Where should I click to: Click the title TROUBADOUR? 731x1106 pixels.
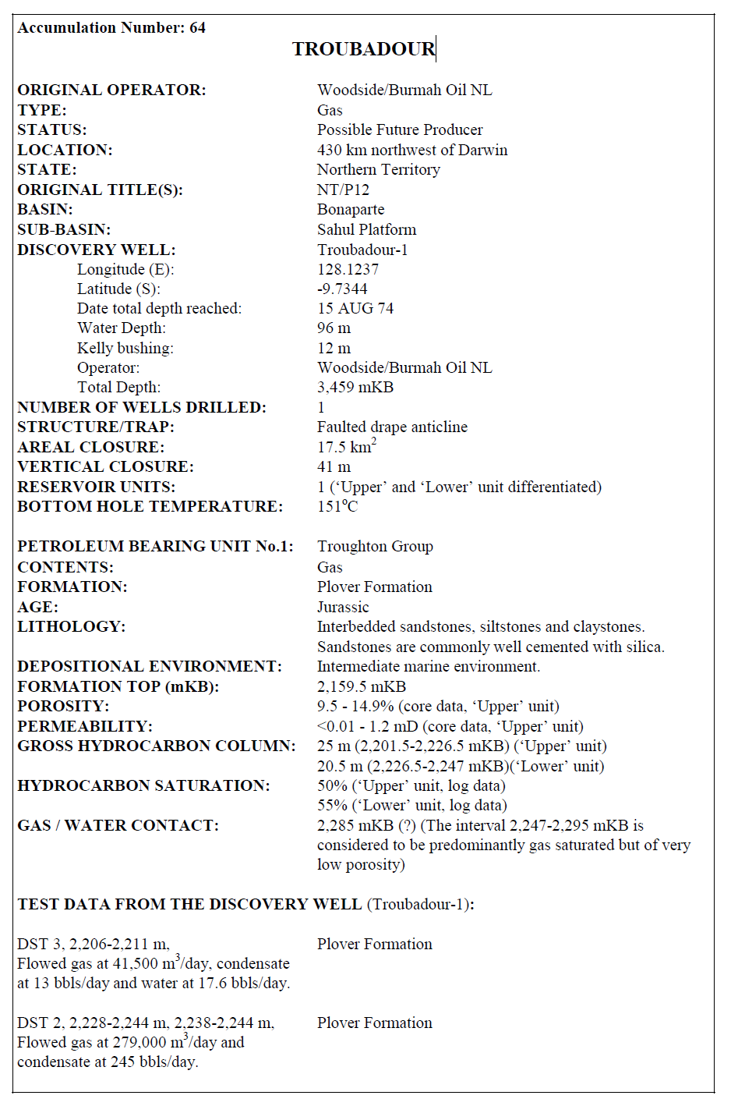click(x=363, y=49)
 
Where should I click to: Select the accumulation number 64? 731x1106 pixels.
click(x=198, y=28)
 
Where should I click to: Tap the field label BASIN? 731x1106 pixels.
click(x=45, y=210)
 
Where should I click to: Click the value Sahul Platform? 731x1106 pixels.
click(x=366, y=229)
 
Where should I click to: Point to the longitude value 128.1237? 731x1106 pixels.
click(x=348, y=269)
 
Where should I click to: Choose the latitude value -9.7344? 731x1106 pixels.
click(x=342, y=289)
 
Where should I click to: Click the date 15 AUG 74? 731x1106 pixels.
click(x=355, y=308)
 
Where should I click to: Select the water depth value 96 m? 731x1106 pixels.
click(x=334, y=328)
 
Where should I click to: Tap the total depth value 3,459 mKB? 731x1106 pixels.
click(x=355, y=387)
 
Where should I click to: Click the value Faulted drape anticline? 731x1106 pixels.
click(x=392, y=427)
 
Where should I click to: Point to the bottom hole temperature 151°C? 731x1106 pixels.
click(x=337, y=506)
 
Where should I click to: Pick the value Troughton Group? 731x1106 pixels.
click(x=375, y=546)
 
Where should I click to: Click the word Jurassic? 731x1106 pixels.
click(x=343, y=607)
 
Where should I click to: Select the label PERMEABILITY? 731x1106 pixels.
click(x=85, y=726)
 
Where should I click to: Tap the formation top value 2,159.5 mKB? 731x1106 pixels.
click(x=362, y=686)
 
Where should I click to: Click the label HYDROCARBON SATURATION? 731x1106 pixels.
click(x=143, y=785)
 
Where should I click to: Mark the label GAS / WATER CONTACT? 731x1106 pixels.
click(x=118, y=825)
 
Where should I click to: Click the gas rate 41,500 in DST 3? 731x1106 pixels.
click(x=134, y=964)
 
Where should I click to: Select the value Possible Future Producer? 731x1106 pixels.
click(x=400, y=129)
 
